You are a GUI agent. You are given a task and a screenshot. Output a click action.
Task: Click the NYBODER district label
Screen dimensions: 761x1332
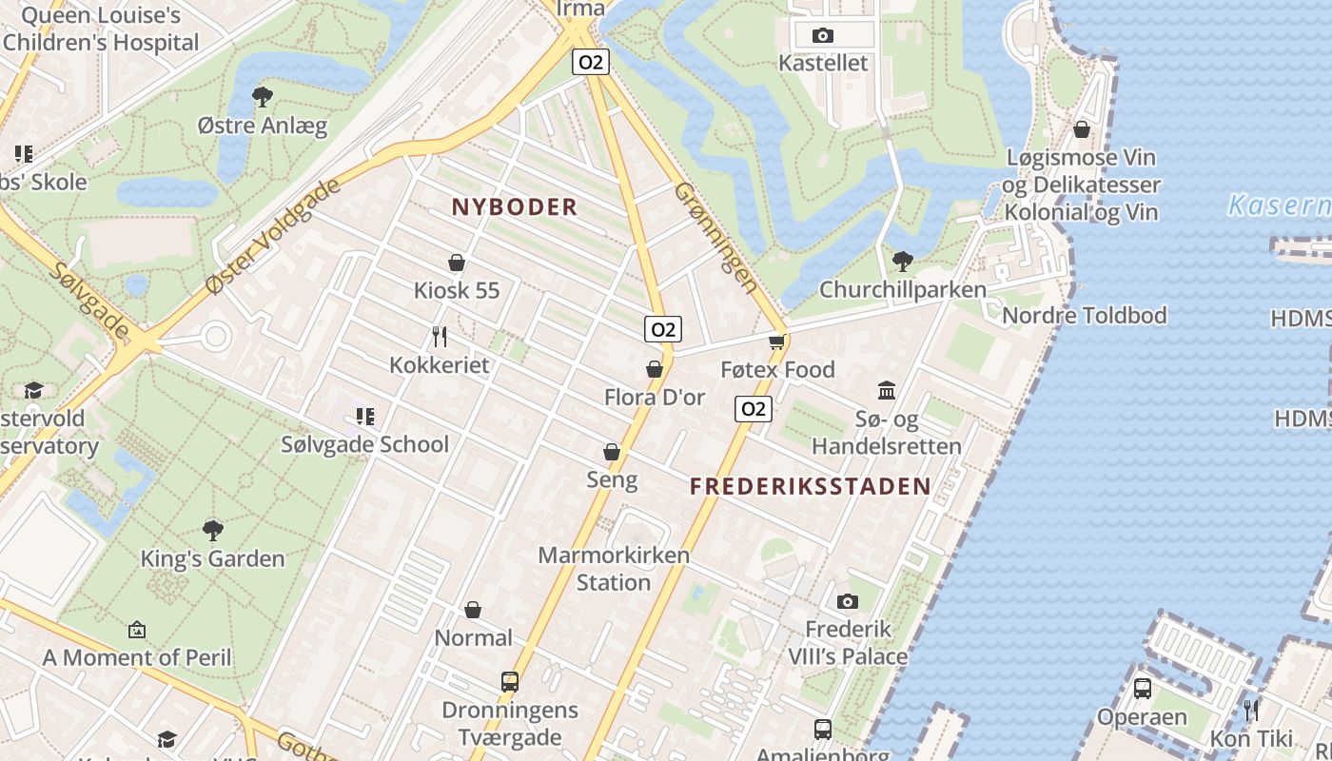[514, 206]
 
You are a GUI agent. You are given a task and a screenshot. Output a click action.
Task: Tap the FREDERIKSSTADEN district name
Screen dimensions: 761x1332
[810, 486]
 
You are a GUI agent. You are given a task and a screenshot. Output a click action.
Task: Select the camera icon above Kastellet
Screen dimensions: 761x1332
[823, 36]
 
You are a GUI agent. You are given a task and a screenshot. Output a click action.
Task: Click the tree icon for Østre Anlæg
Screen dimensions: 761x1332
[262, 96]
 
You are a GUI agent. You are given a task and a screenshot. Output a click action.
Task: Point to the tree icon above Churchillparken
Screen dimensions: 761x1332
[902, 261]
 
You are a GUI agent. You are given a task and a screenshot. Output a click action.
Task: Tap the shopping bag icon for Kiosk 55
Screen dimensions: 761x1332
[457, 263]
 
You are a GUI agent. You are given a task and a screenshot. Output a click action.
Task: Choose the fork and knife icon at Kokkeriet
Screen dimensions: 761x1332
[440, 337]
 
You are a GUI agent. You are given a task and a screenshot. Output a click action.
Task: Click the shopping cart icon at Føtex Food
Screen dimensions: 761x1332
[777, 341]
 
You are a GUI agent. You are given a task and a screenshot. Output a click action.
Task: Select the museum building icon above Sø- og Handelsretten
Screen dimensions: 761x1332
[887, 390]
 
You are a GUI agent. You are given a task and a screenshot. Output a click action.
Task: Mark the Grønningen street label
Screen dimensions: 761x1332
[716, 237]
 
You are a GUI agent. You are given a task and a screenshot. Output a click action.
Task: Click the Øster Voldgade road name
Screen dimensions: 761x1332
[273, 235]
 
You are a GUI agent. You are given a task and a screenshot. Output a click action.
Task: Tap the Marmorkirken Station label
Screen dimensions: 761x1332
[614, 568]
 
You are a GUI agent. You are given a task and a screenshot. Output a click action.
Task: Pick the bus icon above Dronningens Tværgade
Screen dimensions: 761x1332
[510, 682]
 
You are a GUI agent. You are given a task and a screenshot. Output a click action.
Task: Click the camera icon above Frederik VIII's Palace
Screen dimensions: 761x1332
[847, 601]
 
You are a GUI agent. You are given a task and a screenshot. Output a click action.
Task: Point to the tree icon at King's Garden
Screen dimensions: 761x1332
[213, 530]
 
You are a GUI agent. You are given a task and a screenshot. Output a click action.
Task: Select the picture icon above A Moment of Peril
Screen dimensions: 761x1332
[137, 629]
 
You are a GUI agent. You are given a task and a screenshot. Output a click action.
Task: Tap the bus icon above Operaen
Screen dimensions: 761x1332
[1143, 689]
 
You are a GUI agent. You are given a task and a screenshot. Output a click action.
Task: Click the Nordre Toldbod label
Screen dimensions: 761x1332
[1085, 315]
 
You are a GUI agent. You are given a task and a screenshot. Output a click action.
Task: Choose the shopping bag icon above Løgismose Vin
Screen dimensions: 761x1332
[1082, 129]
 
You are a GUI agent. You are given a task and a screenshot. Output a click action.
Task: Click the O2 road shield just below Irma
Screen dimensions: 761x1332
[591, 63]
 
